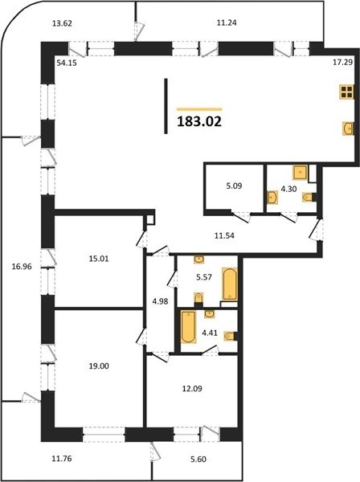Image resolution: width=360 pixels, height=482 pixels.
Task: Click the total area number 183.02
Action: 199,122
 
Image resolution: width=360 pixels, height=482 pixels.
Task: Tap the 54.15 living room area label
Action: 67,63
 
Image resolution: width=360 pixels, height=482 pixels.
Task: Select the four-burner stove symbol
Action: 346,92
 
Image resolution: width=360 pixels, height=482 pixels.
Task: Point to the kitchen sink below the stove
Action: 348,129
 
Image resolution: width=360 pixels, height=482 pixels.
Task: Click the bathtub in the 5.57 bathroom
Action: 230,284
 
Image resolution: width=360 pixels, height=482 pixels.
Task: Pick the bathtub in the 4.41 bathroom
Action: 188,327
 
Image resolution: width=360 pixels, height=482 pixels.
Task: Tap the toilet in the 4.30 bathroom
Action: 309,197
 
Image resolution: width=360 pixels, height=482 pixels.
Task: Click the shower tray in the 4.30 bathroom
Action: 301,173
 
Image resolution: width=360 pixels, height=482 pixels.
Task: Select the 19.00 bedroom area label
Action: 99,366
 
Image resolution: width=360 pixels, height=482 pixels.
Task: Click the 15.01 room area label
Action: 99,259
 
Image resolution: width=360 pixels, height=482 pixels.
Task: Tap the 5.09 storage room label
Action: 234,186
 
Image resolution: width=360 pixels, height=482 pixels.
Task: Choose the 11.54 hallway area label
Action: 224,235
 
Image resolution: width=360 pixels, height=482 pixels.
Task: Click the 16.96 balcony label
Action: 22,267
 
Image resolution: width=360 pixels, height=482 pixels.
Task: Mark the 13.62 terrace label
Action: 62,23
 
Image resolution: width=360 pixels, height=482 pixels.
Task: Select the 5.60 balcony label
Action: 198,460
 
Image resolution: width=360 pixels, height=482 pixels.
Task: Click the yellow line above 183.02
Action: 199,109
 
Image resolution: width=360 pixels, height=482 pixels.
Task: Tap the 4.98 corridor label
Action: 161,301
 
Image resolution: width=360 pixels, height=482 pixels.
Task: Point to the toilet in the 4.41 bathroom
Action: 231,337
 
